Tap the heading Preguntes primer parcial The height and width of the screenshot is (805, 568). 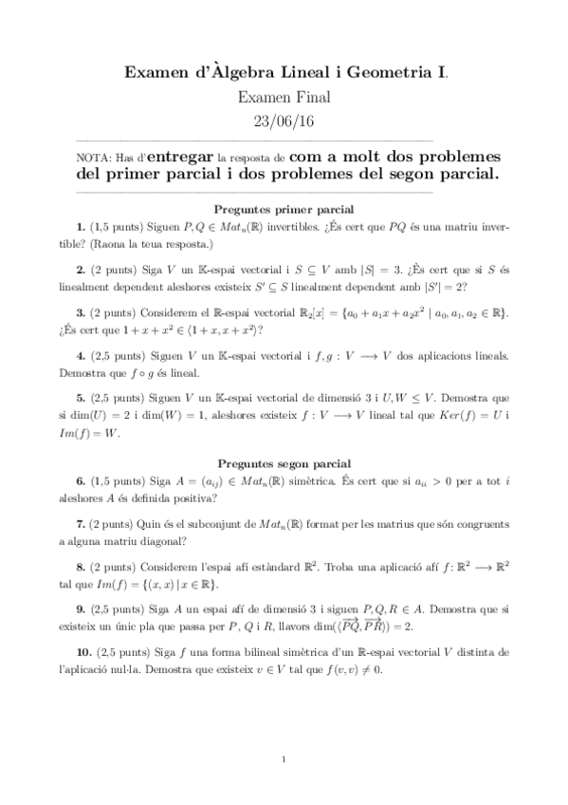point(284,208)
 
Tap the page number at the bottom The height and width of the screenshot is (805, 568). point(284,759)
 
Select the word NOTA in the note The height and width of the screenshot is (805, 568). point(92,158)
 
